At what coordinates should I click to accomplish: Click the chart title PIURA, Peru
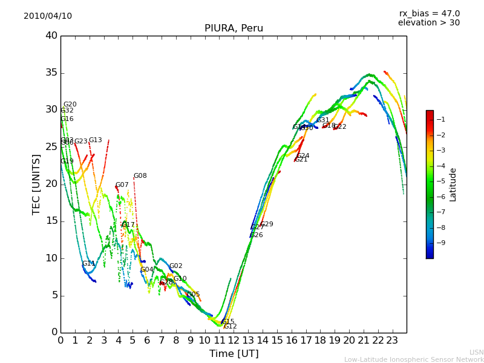click(234, 28)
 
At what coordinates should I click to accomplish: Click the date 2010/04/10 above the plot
click(48, 16)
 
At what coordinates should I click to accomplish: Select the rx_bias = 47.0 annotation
click(429, 13)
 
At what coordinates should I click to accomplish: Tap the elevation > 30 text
click(428, 23)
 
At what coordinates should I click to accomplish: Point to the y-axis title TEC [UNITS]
click(36, 184)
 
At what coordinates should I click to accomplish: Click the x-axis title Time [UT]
click(234, 354)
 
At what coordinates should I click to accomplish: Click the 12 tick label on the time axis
click(234, 340)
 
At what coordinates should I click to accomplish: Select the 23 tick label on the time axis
click(392, 340)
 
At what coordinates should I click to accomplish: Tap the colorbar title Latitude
click(453, 185)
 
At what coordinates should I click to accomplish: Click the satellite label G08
click(140, 176)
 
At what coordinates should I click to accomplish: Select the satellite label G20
click(70, 105)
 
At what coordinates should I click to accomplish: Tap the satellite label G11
click(88, 264)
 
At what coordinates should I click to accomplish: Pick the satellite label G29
click(267, 224)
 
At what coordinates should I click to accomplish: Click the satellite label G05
click(193, 295)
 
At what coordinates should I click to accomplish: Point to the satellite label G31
click(323, 120)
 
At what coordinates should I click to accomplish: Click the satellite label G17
click(128, 225)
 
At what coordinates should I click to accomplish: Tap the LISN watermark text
click(476, 352)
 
